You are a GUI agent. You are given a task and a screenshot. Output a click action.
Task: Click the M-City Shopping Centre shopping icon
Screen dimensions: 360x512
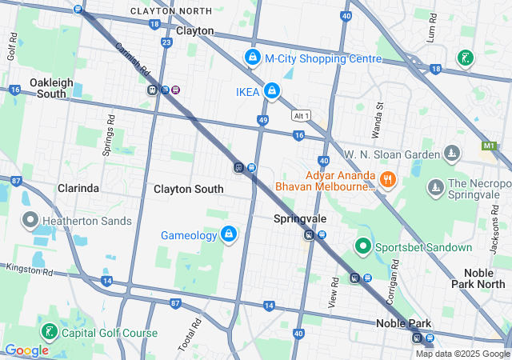pos(253,58)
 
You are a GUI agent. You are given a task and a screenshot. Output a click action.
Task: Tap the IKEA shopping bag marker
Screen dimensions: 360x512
pos(272,92)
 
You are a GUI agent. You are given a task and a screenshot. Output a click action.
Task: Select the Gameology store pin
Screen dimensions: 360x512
pos(229,234)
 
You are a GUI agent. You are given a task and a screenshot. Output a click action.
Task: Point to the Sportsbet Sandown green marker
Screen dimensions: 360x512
pos(362,247)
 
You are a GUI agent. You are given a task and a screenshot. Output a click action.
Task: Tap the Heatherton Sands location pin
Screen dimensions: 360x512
pos(30,218)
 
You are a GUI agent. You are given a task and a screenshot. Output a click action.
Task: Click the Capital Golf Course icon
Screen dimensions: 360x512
pos(50,332)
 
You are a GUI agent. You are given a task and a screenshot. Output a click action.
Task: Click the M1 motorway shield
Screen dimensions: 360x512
pos(489,146)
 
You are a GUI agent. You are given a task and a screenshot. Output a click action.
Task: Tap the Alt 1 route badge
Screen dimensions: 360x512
pos(301,114)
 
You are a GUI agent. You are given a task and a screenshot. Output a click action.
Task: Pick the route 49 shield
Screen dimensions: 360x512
pos(262,120)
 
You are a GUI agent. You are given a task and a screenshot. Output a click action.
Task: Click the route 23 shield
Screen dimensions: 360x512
pos(166,42)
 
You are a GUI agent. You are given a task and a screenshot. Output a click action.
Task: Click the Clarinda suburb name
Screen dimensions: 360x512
pos(78,188)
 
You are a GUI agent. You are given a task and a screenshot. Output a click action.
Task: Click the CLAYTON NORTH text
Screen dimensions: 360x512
pos(172,11)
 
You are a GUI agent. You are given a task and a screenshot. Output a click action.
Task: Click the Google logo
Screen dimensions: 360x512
pos(26,350)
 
